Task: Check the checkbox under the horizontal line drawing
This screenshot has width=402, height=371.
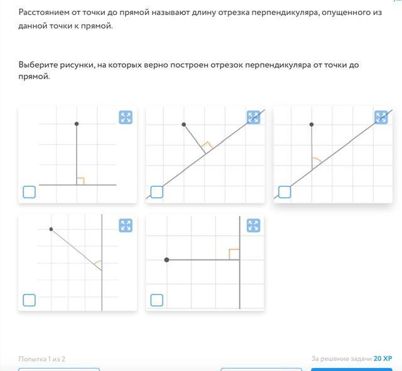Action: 30,192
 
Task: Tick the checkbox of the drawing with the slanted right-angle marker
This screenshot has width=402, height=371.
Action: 157,192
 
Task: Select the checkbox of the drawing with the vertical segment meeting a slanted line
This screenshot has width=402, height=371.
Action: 285,192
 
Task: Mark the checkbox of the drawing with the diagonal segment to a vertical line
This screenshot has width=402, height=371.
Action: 30,300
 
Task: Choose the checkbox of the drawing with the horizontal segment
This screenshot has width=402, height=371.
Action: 157,300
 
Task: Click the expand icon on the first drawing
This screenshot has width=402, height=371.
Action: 126,117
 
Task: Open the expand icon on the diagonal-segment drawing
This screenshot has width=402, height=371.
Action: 126,226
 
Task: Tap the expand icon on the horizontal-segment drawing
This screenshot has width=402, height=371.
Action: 253,226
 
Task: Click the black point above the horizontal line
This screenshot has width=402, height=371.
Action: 77,124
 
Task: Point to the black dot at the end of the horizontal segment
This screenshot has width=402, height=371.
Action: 166,260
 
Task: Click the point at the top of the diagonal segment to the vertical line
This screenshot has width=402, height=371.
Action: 52,229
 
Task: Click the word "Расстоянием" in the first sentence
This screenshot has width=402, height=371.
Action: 44,13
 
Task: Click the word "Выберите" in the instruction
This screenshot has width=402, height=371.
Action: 38,65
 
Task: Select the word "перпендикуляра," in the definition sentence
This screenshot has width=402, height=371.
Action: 285,13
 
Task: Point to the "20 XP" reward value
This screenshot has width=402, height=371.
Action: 383,358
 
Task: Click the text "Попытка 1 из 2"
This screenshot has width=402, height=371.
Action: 42,359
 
